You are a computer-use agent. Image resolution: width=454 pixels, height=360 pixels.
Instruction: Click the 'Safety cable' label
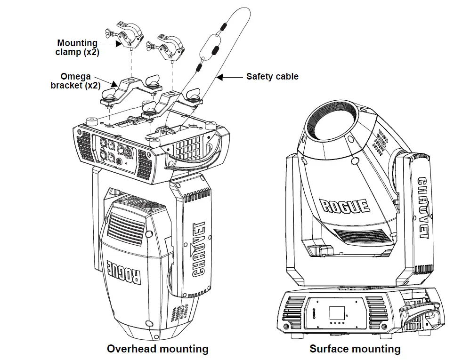(x=272, y=76)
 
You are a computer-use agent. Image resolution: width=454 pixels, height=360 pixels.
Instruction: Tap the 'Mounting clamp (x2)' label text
(x=77, y=48)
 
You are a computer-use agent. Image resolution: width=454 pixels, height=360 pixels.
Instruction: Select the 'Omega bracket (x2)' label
(x=75, y=81)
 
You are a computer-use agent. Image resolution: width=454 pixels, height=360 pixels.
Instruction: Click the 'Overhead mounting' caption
(x=158, y=349)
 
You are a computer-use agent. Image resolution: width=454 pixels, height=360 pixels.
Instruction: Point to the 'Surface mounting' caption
(x=355, y=349)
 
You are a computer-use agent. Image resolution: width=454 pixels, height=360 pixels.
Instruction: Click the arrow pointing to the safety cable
(x=230, y=77)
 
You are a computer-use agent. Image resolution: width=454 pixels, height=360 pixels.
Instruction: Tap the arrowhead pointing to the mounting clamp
(x=118, y=44)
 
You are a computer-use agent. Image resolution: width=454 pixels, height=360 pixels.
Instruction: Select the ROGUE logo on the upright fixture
(x=345, y=206)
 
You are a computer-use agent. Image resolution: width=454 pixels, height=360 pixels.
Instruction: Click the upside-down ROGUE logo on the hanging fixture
(x=124, y=272)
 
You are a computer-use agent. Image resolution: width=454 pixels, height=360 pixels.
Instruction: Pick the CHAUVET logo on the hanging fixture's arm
(x=199, y=249)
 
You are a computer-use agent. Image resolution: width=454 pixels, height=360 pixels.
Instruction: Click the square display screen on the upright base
(x=337, y=313)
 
